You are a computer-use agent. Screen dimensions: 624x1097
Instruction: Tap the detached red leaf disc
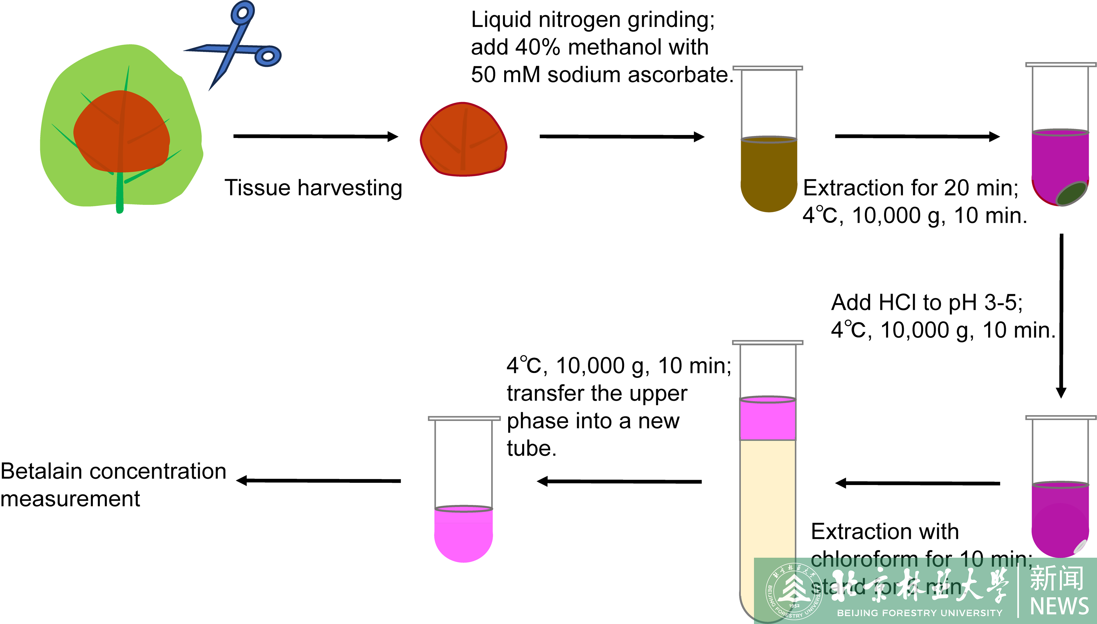(463, 139)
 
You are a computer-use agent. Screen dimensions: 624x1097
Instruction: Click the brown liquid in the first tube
(769, 173)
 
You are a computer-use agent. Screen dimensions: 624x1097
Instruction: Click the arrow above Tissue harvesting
(315, 136)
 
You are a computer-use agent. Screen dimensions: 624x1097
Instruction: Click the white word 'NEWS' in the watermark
(1059, 605)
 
